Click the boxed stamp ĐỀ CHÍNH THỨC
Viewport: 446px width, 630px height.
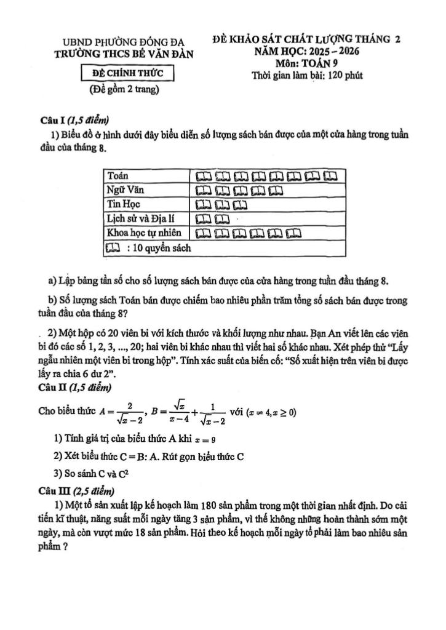click(x=128, y=74)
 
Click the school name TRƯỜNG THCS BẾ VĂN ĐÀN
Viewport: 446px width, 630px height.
click(x=124, y=54)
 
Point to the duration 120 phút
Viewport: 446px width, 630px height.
click(x=345, y=76)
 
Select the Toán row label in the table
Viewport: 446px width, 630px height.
click(x=117, y=176)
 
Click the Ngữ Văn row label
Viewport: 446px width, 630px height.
click(x=125, y=189)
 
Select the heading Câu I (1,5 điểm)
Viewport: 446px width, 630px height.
click(x=75, y=121)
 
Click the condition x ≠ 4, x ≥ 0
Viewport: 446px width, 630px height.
click(x=271, y=412)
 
